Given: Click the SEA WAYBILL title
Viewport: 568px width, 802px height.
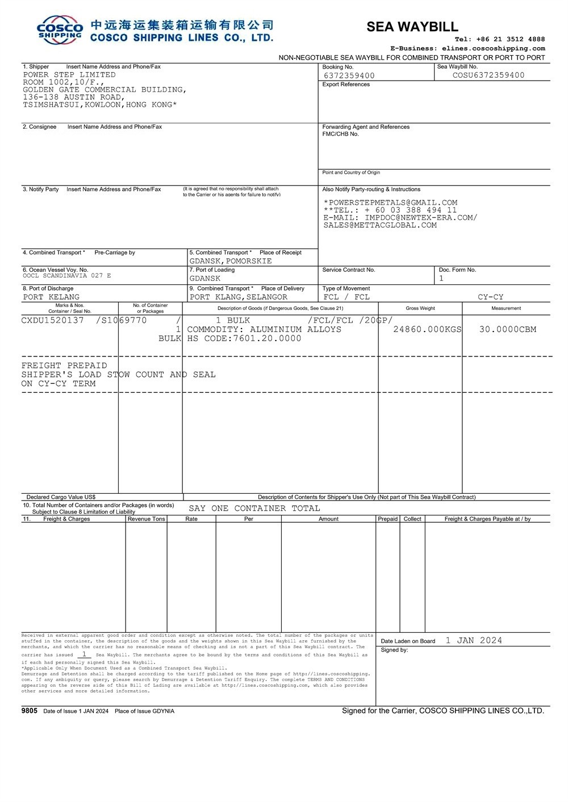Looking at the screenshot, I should [x=412, y=27].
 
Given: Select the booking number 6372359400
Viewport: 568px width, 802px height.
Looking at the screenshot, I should [x=349, y=75].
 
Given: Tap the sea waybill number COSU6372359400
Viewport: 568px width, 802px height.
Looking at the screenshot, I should [x=488, y=75].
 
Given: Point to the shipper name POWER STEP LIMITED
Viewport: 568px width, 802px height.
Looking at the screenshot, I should [x=69, y=74].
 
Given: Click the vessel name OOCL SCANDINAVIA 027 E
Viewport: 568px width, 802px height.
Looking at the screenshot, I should [x=67, y=276].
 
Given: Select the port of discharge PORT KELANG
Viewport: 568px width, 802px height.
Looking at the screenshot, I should [x=51, y=297].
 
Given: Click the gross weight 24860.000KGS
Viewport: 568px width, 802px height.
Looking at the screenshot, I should [x=427, y=329].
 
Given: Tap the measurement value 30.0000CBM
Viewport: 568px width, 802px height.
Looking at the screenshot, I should [x=507, y=329].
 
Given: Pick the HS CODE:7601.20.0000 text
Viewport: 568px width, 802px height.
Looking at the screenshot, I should [x=244, y=338].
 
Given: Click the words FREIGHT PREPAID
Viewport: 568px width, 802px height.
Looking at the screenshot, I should [x=64, y=366].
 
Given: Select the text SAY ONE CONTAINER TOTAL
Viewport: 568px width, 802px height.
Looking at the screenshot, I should [x=254, y=508].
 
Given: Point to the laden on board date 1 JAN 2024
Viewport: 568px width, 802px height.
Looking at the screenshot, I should [x=474, y=640].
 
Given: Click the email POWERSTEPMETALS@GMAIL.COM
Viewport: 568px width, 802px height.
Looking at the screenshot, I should [x=392, y=203].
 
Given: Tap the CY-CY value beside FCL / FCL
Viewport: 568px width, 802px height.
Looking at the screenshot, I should [x=490, y=297].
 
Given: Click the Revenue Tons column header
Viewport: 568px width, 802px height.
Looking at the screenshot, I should [x=146, y=519].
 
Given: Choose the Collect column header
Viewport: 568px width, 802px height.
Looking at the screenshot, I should [x=412, y=519].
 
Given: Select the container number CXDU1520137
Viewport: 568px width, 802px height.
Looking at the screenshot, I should [x=52, y=320].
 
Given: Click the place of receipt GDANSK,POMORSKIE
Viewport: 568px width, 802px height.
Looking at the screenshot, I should [x=231, y=261].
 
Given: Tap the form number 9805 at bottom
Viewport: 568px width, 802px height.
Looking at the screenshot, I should [x=29, y=711].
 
